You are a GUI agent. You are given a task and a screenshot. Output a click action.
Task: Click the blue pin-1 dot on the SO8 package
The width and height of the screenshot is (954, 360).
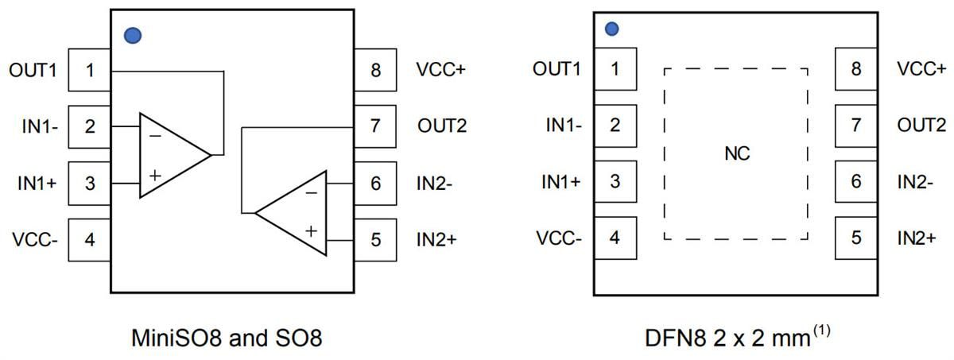pos(133,35)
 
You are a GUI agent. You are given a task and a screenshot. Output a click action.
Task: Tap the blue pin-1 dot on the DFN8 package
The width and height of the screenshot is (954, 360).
pos(611,29)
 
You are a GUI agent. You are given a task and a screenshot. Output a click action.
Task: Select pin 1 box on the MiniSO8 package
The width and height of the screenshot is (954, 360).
pos(90,70)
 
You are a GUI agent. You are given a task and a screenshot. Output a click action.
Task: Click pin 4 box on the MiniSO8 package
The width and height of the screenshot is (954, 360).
pos(90,239)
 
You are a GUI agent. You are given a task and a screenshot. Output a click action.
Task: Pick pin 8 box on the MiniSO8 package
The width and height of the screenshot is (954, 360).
pos(375,70)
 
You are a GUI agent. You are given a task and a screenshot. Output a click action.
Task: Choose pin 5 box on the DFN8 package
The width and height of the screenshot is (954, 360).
pos(856,238)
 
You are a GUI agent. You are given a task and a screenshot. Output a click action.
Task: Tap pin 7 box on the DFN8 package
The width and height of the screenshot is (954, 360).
pos(856,125)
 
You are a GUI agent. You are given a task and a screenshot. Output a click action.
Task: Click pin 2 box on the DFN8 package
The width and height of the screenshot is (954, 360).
pos(615,125)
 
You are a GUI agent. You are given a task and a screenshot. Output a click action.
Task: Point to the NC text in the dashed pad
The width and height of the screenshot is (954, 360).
pos(738,153)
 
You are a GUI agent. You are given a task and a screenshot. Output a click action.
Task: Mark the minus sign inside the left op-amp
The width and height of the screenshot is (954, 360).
pos(154,136)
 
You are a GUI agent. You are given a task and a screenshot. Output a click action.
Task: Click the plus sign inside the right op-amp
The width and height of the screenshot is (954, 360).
pos(311,231)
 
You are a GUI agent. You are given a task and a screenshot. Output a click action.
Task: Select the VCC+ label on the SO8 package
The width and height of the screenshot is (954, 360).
pos(440,70)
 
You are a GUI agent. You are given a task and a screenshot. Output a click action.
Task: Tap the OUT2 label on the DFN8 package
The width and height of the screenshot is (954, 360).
pos(921,125)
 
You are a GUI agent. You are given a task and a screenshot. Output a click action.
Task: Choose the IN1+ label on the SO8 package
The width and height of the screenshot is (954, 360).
pos(37,183)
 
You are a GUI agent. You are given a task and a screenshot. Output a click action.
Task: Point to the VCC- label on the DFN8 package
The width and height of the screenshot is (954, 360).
pos(558,238)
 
